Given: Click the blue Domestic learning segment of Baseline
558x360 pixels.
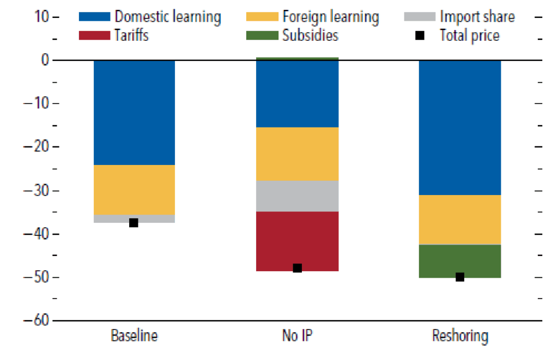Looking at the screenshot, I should coord(134,112).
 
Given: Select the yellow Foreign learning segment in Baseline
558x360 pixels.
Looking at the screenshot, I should coord(134,190).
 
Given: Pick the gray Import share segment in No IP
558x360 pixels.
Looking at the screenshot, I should coord(297,196).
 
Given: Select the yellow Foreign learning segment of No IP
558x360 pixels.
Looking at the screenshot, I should coord(297,154).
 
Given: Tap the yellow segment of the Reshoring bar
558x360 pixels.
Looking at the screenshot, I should coord(459,219).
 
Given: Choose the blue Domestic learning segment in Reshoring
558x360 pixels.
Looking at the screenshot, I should coord(459,127).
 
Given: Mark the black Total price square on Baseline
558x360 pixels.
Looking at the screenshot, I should coord(134,223).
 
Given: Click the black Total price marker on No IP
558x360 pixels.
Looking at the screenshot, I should coord(298,268).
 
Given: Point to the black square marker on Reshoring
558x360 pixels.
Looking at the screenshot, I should coord(460,277).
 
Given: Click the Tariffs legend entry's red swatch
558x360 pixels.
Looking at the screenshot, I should coord(94,36).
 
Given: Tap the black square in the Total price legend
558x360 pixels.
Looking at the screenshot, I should coord(420,36).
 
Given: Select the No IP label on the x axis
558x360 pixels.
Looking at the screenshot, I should coord(298,335).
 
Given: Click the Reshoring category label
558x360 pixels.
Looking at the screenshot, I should coord(460,335).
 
